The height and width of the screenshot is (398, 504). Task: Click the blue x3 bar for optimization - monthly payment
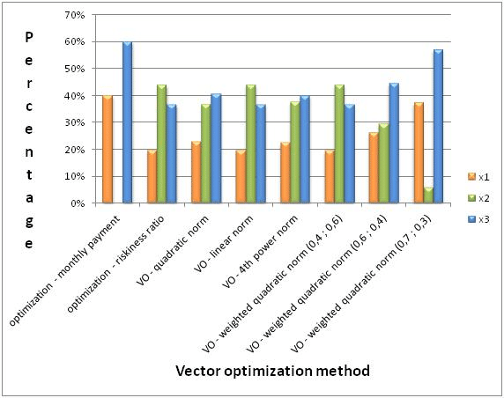(x=128, y=123)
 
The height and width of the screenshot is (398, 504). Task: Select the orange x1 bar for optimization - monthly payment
(x=107, y=150)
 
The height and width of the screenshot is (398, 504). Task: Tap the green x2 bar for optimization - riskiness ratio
(x=161, y=144)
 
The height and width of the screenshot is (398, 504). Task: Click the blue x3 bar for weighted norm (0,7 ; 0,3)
(x=438, y=127)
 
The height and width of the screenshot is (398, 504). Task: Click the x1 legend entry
(x=477, y=164)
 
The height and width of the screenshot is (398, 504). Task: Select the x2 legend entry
(x=477, y=180)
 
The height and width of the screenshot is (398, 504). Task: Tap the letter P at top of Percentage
(x=29, y=37)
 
